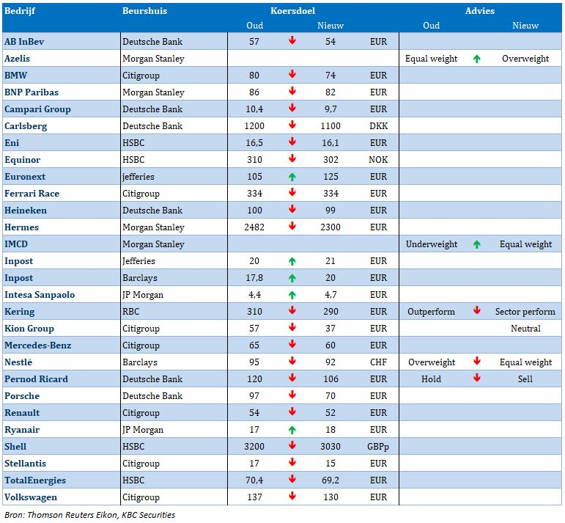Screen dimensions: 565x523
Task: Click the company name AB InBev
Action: point(24,42)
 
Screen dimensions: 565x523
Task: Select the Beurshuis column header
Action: point(144,11)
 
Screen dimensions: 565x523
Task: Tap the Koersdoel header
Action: point(292,11)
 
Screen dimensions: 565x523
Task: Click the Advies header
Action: point(479,11)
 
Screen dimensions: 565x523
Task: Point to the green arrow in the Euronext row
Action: point(292,177)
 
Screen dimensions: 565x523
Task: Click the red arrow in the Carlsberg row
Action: point(292,125)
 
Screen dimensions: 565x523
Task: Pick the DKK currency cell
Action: point(378,126)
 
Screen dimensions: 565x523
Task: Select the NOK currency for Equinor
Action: point(378,160)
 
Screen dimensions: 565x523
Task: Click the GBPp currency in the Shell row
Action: point(378,447)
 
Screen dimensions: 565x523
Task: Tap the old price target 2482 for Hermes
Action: point(254,227)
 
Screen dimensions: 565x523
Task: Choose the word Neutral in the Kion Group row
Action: point(525,329)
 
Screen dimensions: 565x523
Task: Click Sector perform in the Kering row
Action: point(525,312)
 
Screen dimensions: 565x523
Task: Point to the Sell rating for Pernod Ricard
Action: point(525,379)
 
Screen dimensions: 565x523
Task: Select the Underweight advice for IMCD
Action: point(432,244)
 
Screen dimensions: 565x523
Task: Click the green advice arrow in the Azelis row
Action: point(477,59)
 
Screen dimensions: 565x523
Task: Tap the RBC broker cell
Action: point(130,312)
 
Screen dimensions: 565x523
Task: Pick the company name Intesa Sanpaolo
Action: point(40,295)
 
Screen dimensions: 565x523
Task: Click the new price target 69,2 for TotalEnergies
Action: point(330,480)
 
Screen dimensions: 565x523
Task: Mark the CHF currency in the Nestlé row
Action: point(378,362)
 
